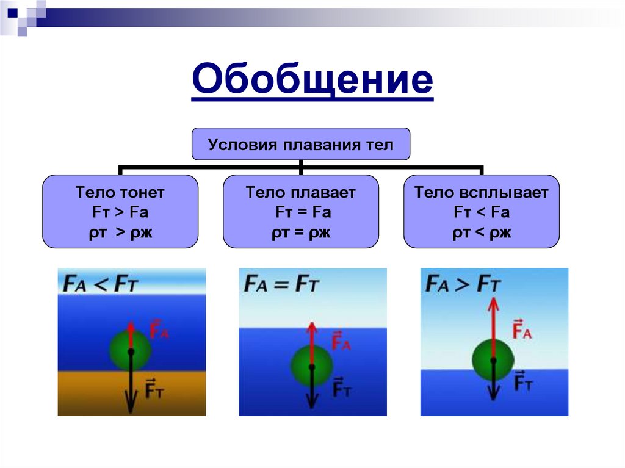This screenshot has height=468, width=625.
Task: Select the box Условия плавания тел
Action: pos(301,145)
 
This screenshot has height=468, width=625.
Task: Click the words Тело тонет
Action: pos(120,193)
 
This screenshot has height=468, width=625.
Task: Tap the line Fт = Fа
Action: pos(301,212)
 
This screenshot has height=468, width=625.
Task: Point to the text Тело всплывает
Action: pos(482,193)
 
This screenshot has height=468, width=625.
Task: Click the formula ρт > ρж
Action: pos(120,232)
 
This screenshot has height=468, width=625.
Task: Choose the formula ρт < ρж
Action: pos(482,232)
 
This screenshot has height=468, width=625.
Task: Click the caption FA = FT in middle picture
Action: pos(282,284)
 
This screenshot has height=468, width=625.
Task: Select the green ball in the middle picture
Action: pos(311,367)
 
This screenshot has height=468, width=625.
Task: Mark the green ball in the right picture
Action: pos(493,359)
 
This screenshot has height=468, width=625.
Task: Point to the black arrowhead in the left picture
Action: pos(130,405)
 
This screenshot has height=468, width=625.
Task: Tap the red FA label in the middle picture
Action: pos(341,341)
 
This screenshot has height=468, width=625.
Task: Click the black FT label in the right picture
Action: pos(524,382)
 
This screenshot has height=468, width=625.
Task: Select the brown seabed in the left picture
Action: pos(85,394)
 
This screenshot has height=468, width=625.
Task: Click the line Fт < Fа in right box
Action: pos(482,212)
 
